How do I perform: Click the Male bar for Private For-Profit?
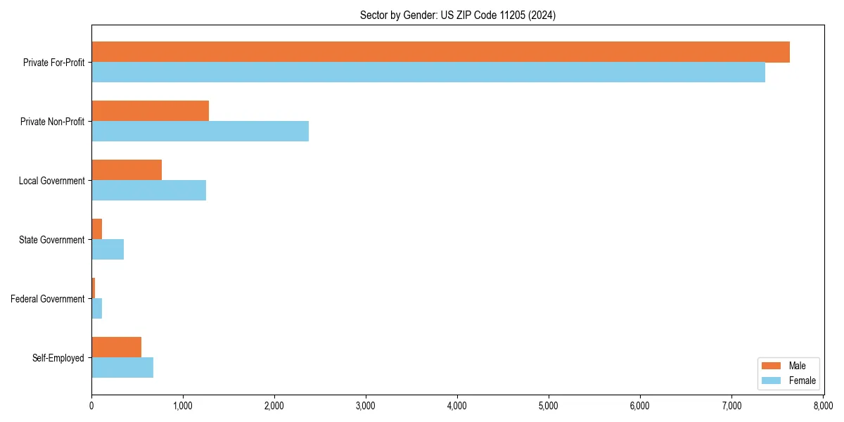tap(440, 52)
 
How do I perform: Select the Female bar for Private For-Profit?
tap(428, 72)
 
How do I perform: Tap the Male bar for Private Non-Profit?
tap(150, 111)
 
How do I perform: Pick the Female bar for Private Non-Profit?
tap(200, 132)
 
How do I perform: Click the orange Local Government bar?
tap(127, 170)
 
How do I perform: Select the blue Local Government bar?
tap(148, 191)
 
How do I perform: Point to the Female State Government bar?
tap(108, 250)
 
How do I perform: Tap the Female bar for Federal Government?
tap(97, 309)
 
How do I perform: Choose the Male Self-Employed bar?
tap(116, 347)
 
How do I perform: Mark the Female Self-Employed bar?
tap(122, 368)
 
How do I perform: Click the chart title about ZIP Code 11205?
tap(457, 15)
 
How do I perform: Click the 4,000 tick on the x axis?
tap(457, 406)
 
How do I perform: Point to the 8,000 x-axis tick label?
tap(823, 406)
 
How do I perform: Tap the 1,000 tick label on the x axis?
tap(183, 406)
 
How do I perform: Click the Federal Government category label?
tap(48, 299)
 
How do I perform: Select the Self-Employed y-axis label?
tap(58, 358)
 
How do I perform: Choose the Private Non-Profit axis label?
tap(53, 122)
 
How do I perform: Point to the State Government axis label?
tap(52, 240)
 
